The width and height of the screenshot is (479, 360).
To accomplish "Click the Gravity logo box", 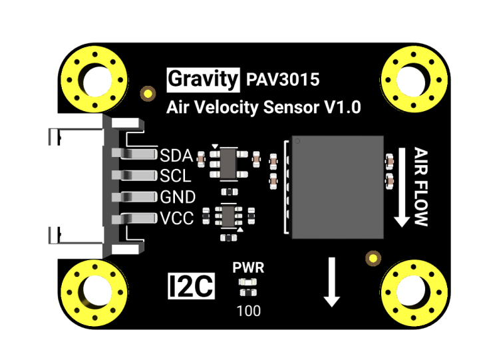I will [202, 80].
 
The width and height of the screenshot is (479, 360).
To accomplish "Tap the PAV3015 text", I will [283, 80].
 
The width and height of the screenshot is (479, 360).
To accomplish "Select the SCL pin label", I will [176, 176].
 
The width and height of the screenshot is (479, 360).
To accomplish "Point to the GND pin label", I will [178, 197].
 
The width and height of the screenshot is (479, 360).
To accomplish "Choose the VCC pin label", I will [177, 218].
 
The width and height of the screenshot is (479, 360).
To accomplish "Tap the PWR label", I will [248, 268].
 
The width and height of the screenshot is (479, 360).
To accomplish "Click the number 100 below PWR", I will [248, 310].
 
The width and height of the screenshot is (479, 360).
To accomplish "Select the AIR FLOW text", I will [421, 186].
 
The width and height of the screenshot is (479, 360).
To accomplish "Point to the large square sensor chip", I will [338, 186].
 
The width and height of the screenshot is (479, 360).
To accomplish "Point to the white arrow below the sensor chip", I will [332, 282].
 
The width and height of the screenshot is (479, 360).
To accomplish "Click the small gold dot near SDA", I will [146, 92].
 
